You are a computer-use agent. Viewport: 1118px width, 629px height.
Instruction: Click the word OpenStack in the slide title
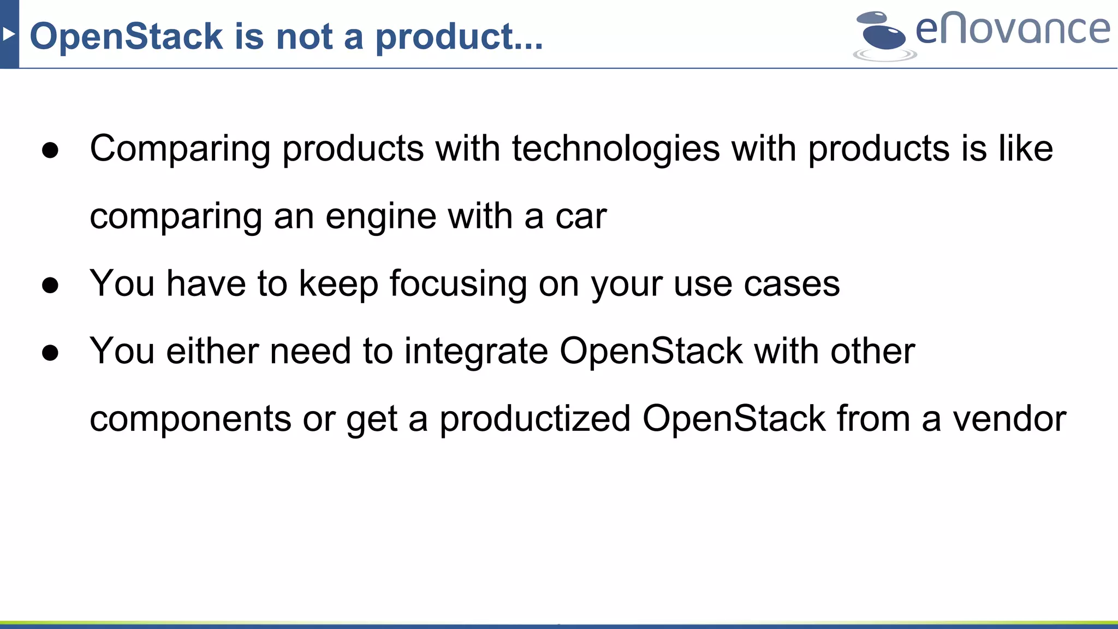[126, 37]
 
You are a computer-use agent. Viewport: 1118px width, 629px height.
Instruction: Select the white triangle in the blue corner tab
[8, 34]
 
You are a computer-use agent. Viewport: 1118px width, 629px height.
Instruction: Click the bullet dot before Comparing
[50, 150]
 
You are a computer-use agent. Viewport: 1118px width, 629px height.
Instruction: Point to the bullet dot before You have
[50, 285]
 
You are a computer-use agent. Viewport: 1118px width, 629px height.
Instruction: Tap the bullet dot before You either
[50, 353]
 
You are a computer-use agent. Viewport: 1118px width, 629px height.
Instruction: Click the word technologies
[615, 149]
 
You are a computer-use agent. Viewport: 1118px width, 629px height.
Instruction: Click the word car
[581, 217]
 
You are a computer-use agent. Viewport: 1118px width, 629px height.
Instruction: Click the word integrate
[475, 352]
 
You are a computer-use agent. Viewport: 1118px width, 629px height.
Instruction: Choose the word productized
[534, 419]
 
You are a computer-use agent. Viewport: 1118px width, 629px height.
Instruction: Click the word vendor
[1009, 419]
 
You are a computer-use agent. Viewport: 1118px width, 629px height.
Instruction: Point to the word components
[191, 419]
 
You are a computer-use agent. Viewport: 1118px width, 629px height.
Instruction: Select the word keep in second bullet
[338, 284]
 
